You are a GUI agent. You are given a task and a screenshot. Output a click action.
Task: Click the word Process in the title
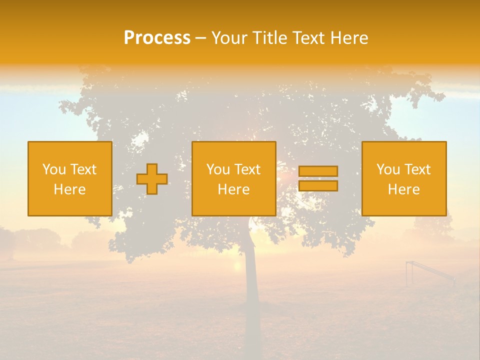pos(157,38)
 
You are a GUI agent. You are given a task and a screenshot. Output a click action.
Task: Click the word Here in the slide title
pos(350,38)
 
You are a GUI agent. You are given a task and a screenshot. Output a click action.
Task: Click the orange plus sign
pos(152,179)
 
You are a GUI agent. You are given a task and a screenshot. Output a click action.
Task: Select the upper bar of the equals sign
pos(318,171)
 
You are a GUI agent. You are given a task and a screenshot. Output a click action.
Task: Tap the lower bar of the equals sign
pos(318,186)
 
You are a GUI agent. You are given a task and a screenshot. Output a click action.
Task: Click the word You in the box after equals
pos(387,169)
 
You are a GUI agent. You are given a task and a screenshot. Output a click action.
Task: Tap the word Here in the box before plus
pos(69,189)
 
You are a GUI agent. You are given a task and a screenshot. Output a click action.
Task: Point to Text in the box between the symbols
pos(247,169)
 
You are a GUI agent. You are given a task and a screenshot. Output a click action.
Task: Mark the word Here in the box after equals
pos(403,189)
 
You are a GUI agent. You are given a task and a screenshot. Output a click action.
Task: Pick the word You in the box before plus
pos(53,169)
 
